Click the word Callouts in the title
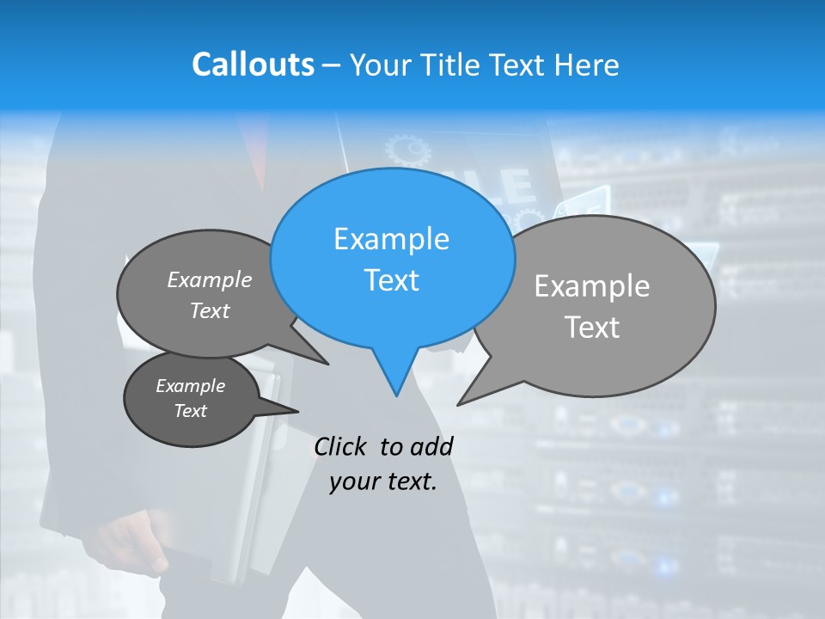click(253, 64)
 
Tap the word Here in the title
click(588, 65)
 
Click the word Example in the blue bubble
click(391, 239)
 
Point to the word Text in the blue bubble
click(391, 280)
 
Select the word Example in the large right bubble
click(592, 286)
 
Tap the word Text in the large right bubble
click(592, 328)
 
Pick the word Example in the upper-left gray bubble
click(210, 279)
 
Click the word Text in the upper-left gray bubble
click(210, 310)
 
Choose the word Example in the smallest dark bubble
click(191, 386)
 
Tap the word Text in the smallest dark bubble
click(191, 411)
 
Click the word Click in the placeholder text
click(341, 446)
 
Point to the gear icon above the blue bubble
click(407, 151)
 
